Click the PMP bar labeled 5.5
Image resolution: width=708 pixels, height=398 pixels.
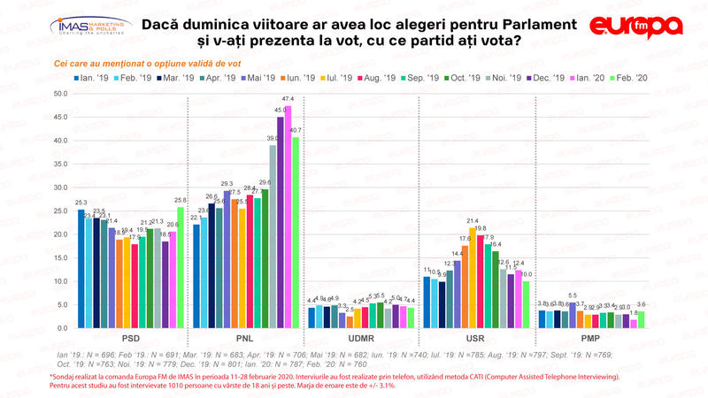pos(571,315)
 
